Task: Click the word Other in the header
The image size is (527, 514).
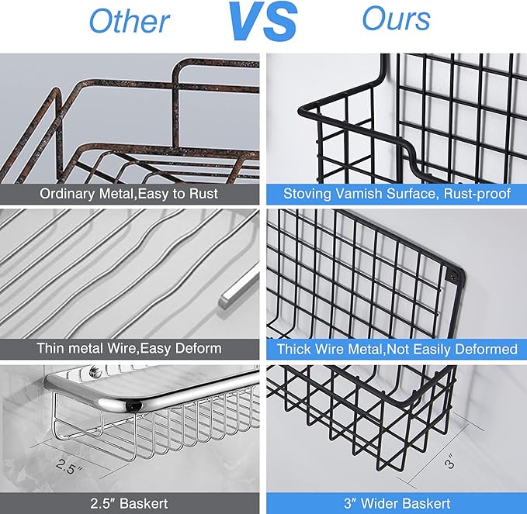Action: point(130,22)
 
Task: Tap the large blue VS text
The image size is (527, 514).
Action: point(263,21)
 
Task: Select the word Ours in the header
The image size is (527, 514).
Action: point(397,19)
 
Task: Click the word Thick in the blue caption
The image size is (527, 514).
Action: point(293,349)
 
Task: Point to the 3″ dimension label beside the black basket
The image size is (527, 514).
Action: point(449,461)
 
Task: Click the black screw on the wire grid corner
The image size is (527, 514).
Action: point(454,276)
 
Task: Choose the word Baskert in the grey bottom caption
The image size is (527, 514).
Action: point(144,504)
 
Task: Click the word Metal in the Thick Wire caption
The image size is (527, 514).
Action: point(366,349)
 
